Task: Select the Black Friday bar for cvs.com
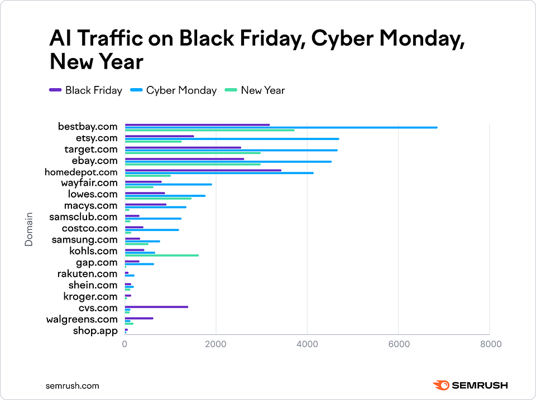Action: (156, 307)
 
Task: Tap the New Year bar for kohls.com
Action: (161, 256)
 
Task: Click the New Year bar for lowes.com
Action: (158, 198)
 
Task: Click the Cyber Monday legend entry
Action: (173, 90)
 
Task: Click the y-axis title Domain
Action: (28, 229)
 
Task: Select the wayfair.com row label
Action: (89, 183)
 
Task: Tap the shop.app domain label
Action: (95, 331)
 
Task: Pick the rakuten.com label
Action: (87, 274)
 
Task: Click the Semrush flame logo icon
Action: (441, 385)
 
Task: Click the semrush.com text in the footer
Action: (72, 385)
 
